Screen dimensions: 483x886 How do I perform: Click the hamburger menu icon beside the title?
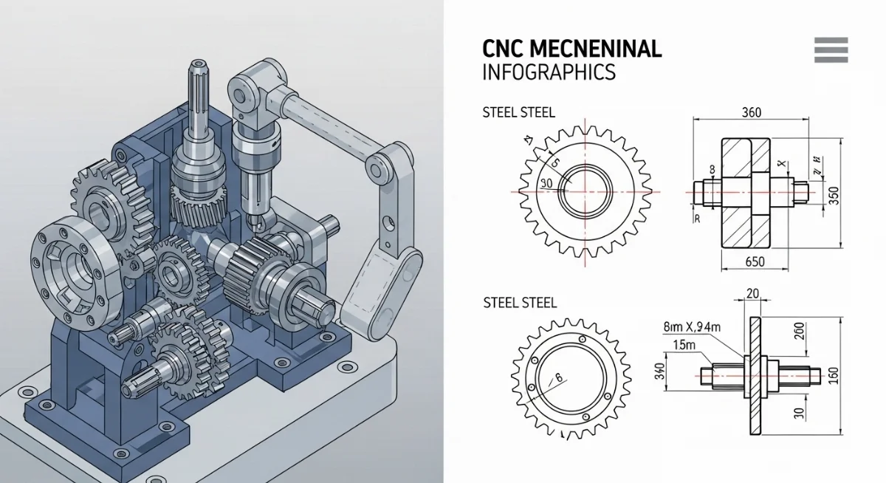coord(831,49)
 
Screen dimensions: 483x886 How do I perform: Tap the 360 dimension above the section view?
coord(750,113)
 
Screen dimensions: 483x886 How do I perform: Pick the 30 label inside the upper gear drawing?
coord(547,183)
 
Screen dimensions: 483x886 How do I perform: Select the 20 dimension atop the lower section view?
coord(753,294)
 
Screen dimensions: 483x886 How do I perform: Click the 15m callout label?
coord(684,344)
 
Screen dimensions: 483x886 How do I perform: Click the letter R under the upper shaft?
coord(696,219)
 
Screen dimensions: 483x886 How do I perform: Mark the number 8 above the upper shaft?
coord(712,169)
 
